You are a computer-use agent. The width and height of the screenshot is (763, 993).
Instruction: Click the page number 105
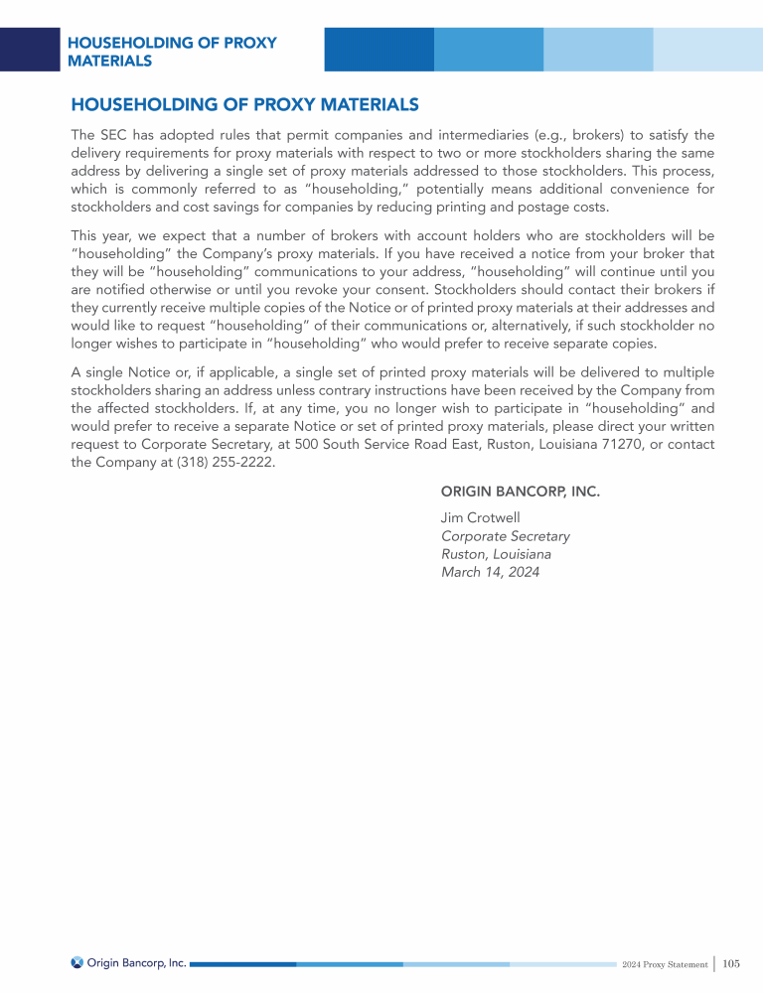coord(731,963)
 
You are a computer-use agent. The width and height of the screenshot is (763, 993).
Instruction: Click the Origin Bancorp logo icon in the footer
coord(77,962)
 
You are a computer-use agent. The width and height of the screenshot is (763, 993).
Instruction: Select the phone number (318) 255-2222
coord(227,463)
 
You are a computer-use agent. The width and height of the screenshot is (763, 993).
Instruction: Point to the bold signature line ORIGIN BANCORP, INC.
coord(521,492)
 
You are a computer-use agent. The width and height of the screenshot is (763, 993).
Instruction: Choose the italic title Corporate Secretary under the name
coord(505,536)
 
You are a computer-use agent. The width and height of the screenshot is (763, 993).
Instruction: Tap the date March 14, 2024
coord(490,572)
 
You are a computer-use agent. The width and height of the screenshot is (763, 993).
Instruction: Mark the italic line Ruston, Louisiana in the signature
coord(496,554)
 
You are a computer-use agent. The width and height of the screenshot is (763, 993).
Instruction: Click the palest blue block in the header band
coord(707,50)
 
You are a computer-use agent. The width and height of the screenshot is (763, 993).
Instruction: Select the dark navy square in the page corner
coord(30,50)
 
